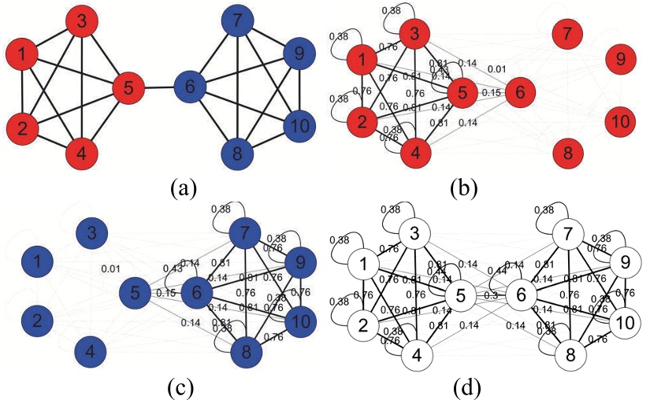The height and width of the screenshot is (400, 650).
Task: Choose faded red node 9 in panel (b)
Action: coord(620,59)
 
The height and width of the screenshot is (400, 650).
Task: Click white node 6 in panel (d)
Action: coord(521,294)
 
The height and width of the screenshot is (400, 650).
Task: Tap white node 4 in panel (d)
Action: coord(416,356)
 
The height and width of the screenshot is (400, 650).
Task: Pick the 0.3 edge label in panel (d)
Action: coord(490,296)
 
